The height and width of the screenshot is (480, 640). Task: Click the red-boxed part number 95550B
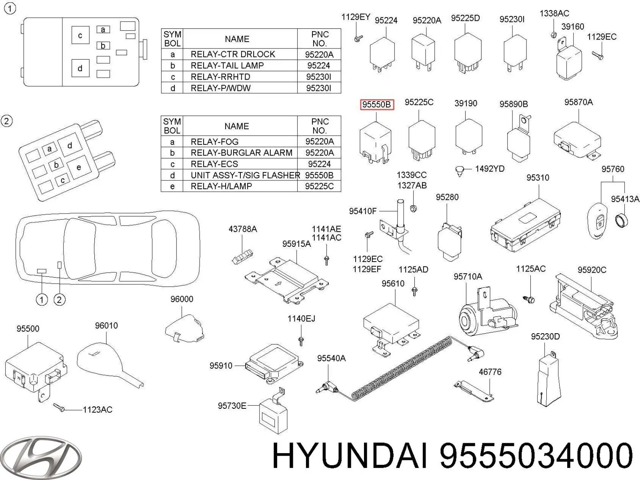pyautogui.click(x=377, y=105)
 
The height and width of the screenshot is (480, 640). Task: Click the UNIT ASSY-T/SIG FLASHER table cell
pyautogui.click(x=245, y=175)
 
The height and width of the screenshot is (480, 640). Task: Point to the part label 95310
pyautogui.click(x=538, y=177)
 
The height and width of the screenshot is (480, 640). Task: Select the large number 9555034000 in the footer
pyautogui.click(x=536, y=456)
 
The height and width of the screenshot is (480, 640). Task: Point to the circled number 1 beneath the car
pyautogui.click(x=42, y=299)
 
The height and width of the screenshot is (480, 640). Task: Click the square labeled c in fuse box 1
pyautogui.click(x=80, y=35)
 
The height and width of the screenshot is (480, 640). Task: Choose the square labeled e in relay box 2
pyautogui.click(x=78, y=168)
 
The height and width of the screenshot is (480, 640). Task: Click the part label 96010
pyautogui.click(x=106, y=326)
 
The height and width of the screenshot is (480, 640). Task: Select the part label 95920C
pyautogui.click(x=592, y=270)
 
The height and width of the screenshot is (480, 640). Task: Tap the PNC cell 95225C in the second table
pyautogui.click(x=319, y=186)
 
